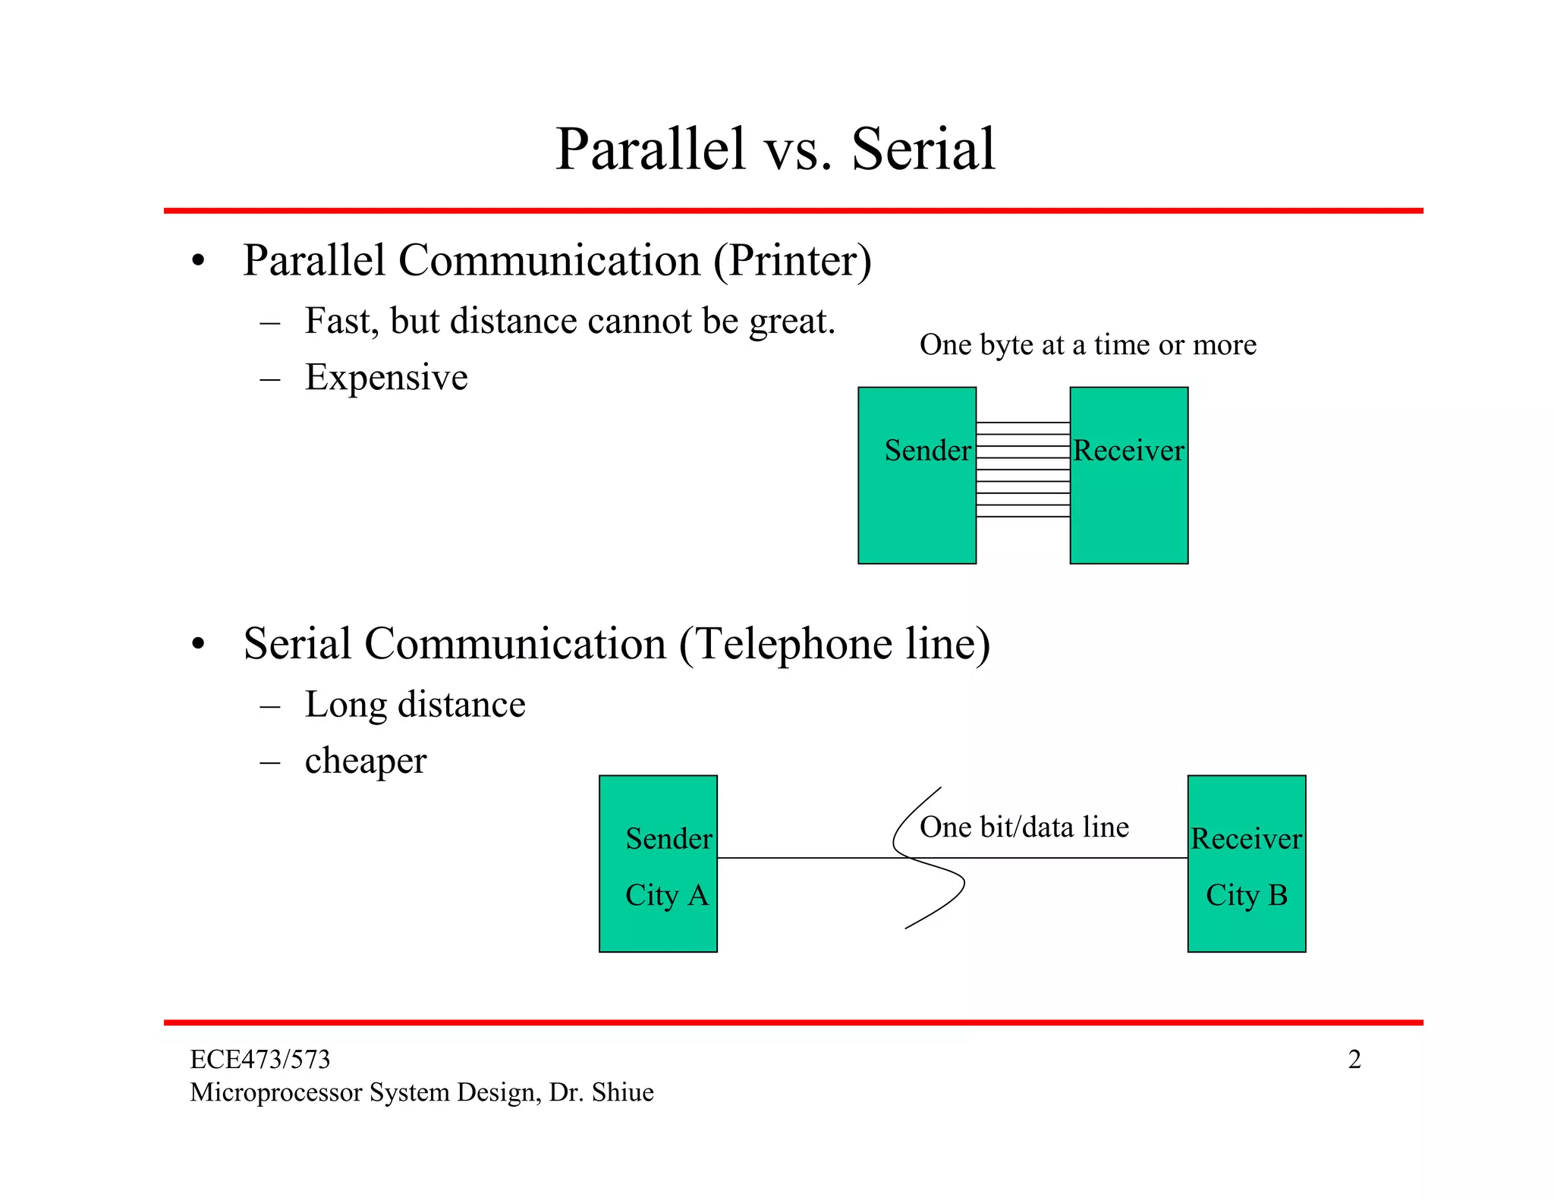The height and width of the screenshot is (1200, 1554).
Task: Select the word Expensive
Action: coord(386,378)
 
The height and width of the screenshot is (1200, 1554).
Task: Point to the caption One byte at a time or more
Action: coord(1087,345)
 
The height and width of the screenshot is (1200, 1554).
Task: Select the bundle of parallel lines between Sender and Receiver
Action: coord(1023,470)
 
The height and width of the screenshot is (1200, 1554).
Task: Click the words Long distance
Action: coord(415,705)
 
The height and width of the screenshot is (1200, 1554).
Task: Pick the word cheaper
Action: coord(366,762)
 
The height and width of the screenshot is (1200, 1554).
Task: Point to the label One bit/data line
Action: coord(1024,828)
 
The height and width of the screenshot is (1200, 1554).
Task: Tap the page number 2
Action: coord(1354,1060)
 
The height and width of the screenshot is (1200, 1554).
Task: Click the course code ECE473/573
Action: coord(260,1060)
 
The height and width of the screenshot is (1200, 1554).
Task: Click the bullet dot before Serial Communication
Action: coord(199,645)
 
